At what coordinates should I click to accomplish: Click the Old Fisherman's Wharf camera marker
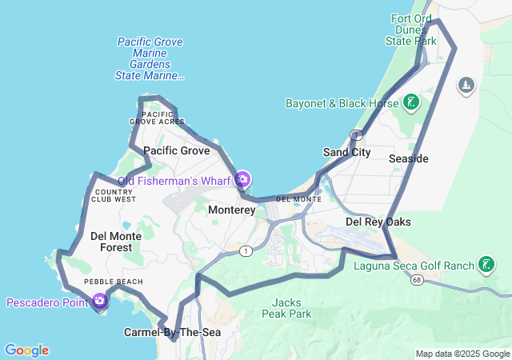tap(242, 179)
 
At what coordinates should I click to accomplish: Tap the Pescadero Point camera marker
tap(99, 302)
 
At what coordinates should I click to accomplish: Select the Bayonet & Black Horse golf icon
tap(410, 102)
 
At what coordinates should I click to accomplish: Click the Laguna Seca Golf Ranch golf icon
tap(486, 264)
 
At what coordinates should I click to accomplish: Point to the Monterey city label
tap(231, 210)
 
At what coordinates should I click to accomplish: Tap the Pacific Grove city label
tap(176, 150)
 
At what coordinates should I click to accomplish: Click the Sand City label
tap(346, 152)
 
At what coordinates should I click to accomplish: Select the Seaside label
tap(408, 158)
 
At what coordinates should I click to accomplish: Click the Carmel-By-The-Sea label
tap(166, 331)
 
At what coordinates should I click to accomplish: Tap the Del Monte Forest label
tap(116, 242)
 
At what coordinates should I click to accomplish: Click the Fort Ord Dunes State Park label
tap(413, 30)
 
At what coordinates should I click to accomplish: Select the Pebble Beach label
tap(114, 282)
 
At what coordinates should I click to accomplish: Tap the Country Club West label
tap(114, 195)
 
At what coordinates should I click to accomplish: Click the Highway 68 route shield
tap(418, 280)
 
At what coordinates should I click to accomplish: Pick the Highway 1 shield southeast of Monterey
tap(245, 251)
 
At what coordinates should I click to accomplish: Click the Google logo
tap(26, 350)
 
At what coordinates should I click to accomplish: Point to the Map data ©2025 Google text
tap(462, 354)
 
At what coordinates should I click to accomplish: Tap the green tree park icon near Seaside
tap(466, 85)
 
